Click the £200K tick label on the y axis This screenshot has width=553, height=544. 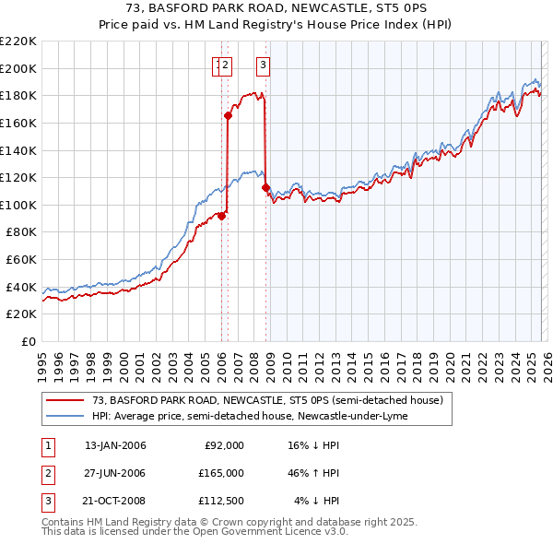[x=19, y=68]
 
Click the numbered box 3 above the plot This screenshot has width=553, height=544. [x=264, y=65]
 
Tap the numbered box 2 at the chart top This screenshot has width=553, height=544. [x=227, y=65]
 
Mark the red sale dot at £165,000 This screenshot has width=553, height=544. [x=227, y=115]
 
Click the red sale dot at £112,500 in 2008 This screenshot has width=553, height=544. [x=265, y=187]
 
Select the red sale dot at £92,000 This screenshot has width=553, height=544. [x=221, y=216]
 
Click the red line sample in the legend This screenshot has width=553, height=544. [x=65, y=401]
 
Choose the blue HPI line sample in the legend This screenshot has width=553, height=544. [x=65, y=416]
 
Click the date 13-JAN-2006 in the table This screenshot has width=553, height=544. [x=115, y=445]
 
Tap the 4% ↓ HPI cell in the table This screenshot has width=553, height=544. [x=317, y=501]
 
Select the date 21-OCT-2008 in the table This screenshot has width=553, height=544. [x=115, y=501]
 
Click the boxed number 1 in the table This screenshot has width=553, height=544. [x=47, y=445]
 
